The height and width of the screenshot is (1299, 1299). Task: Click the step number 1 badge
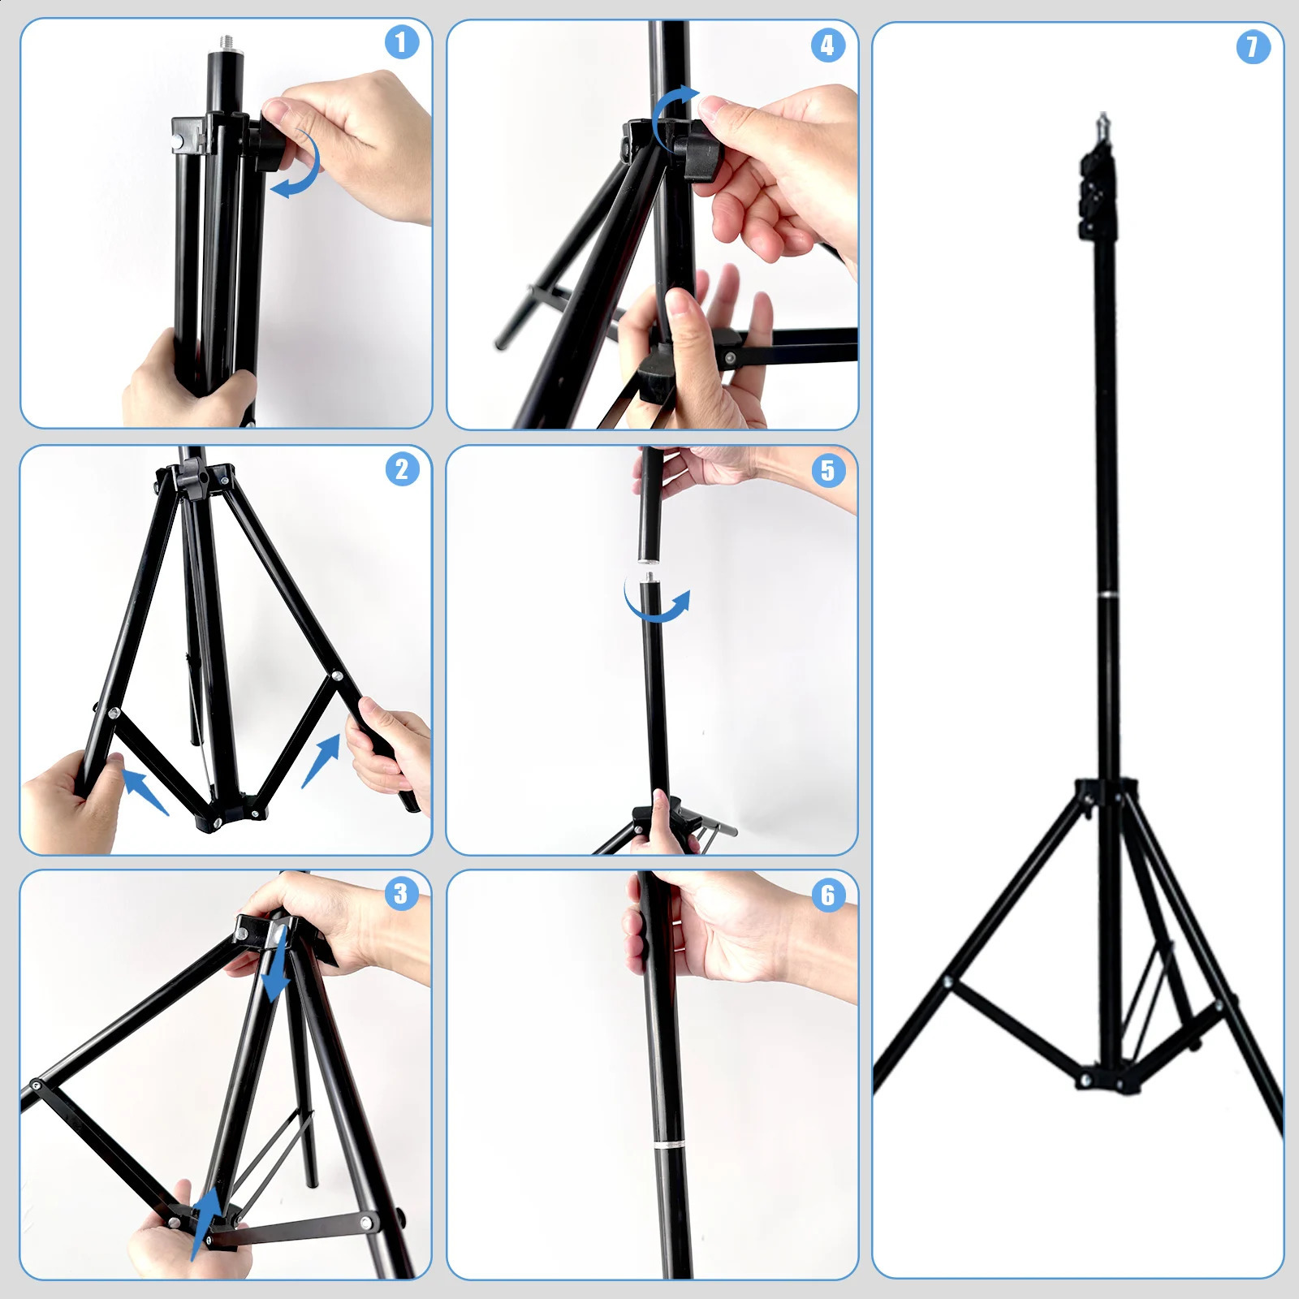click(401, 42)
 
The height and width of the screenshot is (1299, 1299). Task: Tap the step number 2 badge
click(402, 469)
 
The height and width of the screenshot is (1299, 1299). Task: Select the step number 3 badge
click(400, 894)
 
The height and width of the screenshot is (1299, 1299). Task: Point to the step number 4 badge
click(827, 45)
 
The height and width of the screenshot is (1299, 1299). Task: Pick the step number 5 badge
click(827, 470)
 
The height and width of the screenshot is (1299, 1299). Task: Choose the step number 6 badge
click(827, 895)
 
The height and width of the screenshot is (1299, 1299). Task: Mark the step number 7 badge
click(1253, 47)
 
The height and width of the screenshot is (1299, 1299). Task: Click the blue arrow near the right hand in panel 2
click(322, 760)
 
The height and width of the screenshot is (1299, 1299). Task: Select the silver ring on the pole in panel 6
click(667, 1146)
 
